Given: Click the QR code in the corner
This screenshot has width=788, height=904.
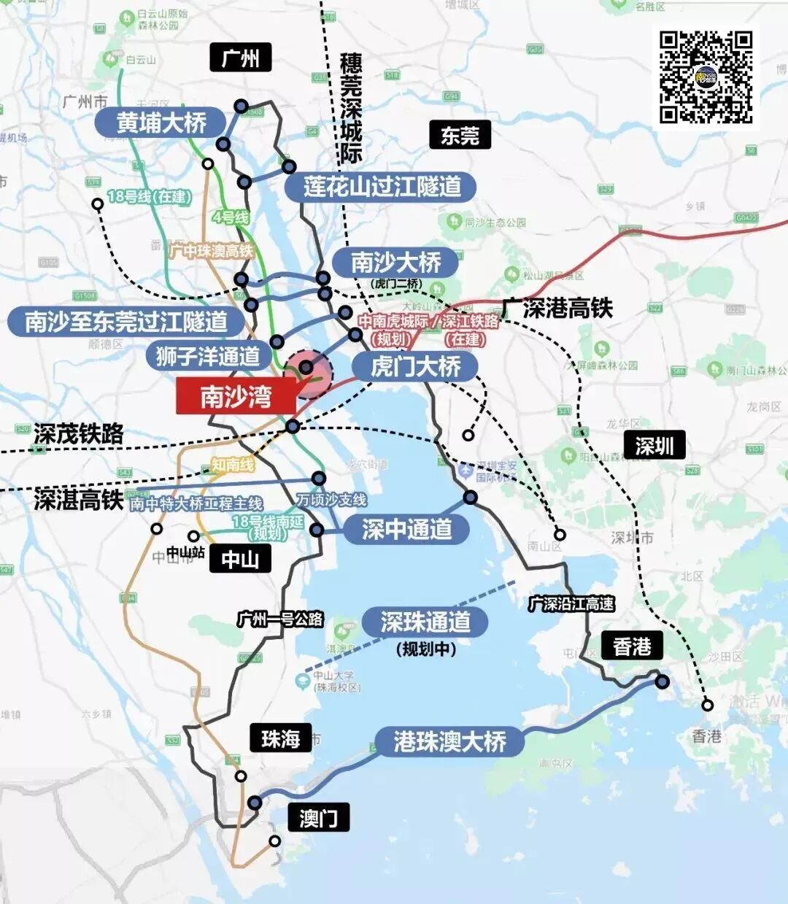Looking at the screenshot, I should (x=705, y=77).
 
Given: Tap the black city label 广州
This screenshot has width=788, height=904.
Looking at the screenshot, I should (x=240, y=58).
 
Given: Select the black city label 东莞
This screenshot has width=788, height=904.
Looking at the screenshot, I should (x=460, y=136).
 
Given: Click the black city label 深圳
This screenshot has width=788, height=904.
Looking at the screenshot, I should (x=654, y=445).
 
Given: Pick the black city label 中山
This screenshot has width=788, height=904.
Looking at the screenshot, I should (x=240, y=560).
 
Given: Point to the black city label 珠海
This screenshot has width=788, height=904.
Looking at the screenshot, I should (x=280, y=738).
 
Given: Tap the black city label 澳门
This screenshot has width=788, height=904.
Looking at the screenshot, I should (x=318, y=817).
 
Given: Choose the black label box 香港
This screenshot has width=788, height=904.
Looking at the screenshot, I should (x=632, y=646).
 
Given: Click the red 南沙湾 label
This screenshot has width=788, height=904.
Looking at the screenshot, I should (x=236, y=397).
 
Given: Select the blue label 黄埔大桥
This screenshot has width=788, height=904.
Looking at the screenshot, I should (x=162, y=123).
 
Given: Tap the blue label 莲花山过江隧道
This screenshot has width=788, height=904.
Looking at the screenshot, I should (x=382, y=187).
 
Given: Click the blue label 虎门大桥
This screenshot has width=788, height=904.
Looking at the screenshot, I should (x=415, y=366).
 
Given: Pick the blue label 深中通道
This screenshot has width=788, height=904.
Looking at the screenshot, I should (x=407, y=529).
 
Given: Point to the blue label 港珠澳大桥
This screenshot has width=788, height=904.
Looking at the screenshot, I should (x=449, y=741).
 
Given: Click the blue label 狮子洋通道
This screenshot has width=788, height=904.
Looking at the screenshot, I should (x=208, y=356).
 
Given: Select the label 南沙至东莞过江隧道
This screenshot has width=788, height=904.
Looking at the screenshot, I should (x=125, y=321).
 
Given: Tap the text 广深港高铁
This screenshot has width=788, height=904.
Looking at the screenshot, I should (x=557, y=309).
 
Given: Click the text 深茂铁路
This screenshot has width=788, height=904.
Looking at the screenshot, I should (x=78, y=434).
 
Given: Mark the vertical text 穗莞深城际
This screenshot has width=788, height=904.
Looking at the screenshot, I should (x=351, y=108).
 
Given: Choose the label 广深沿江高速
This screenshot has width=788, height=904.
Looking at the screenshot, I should (x=571, y=604).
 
